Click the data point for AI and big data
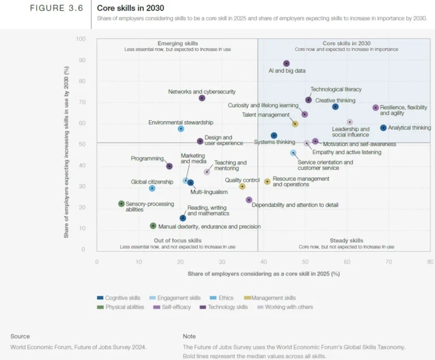pyautogui.click(x=287, y=63)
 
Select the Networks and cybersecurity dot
pyautogui.click(x=202, y=98)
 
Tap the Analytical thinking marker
pyautogui.click(x=383, y=128)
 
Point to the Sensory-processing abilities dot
pyautogui.click(x=121, y=204)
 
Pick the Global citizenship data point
pyautogui.click(x=152, y=188)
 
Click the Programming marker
pyautogui.click(x=169, y=166)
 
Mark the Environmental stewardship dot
pyautogui.click(x=181, y=129)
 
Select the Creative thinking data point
pyautogui.click(x=335, y=107)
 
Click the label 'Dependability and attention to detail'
pyautogui.click(x=295, y=205)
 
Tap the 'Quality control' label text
pyautogui.click(x=242, y=180)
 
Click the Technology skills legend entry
pyautogui.click(x=229, y=307)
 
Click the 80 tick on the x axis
pyautogui.click(x=430, y=261)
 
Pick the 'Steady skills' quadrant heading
pyautogui.click(x=346, y=240)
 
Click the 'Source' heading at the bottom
pyautogui.click(x=20, y=336)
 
